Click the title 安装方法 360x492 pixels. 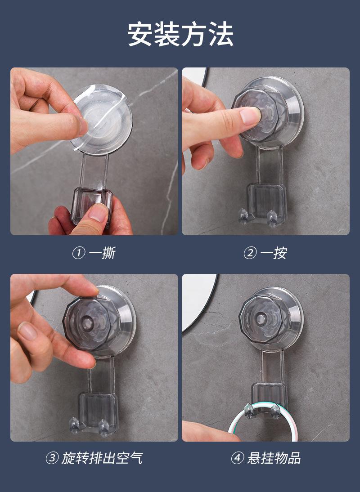coord(180,34)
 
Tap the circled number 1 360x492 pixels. coord(78,253)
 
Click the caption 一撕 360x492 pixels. coord(102,253)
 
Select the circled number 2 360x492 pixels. coord(250,253)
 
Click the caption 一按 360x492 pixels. coord(274,253)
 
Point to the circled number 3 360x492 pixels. coord(52,458)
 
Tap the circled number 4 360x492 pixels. coord(237,458)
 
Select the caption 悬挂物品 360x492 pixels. coord(274,458)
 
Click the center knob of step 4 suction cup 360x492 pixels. coord(261,319)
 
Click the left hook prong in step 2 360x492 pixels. coord(243,216)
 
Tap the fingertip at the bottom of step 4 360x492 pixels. coord(207,432)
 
